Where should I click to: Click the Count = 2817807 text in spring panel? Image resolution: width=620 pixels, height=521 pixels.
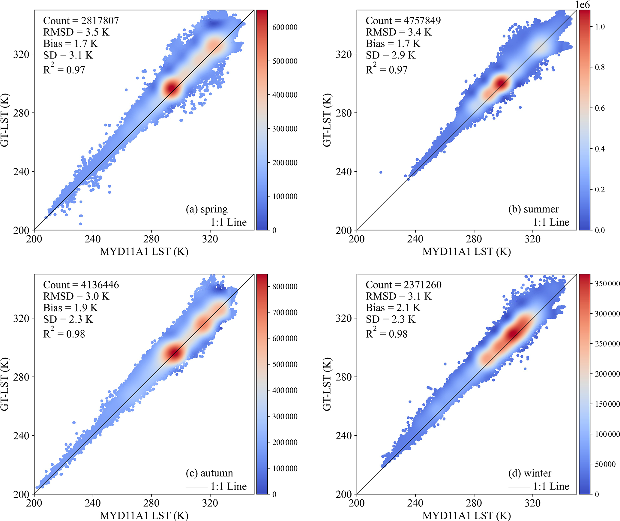coord(81,21)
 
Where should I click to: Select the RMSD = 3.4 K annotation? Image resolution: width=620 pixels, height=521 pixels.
coord(399,32)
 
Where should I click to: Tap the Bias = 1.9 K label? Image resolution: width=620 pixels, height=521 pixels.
coord(70,308)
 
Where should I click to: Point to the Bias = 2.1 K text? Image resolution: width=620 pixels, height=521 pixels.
coord(393,308)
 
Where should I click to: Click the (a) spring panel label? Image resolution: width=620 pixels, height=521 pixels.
coord(207,209)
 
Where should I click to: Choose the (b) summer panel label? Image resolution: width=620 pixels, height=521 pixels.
coord(533,209)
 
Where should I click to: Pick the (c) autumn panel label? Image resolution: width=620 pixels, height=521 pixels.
coord(209,473)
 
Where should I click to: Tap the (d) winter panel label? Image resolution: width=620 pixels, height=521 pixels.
coord(530,473)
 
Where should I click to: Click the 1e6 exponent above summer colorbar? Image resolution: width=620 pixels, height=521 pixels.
coord(582,5)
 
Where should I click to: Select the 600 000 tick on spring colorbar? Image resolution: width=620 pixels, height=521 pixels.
coord(285,27)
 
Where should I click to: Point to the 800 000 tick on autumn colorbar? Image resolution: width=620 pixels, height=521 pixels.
coord(285,287)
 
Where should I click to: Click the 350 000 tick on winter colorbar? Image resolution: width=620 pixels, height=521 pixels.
coord(607,284)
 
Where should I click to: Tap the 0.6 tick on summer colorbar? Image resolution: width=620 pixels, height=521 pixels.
coord(600,108)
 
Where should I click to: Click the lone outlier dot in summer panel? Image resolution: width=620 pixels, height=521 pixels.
coord(381,172)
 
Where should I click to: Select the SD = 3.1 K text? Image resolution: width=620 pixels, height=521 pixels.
coord(68,55)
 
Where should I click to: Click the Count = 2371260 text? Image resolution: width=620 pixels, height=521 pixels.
coord(403,285)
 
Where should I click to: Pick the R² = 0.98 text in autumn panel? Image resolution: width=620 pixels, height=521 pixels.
coord(64,333)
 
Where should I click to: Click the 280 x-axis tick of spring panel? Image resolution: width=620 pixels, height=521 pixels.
coord(151,239)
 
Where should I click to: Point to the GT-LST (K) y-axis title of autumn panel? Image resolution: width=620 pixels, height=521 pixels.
coord(5,384)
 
